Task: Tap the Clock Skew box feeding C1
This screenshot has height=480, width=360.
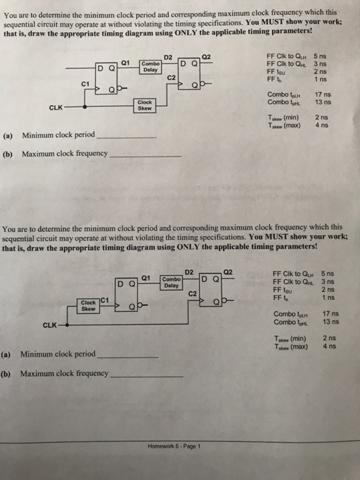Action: point(88,302)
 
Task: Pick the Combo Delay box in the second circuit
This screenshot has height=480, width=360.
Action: point(171,282)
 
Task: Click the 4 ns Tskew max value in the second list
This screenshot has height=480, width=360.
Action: point(329,346)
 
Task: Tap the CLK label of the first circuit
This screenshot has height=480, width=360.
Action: point(57,107)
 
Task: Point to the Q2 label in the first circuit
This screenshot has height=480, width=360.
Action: point(208,56)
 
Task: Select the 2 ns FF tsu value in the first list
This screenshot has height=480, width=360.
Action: point(320,71)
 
